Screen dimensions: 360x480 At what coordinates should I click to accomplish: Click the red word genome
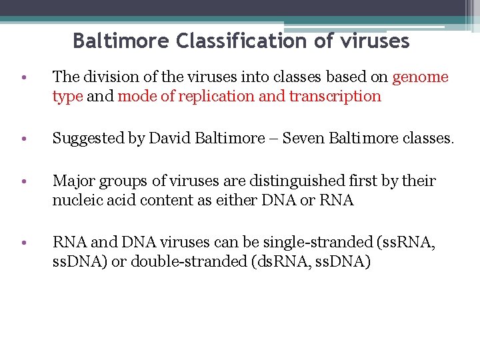(420, 77)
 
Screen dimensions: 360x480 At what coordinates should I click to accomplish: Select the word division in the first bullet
(103, 77)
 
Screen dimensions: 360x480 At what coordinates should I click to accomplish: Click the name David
(169, 139)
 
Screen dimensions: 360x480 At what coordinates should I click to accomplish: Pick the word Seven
(303, 139)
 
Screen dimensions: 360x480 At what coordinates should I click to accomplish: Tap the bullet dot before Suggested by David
(23, 139)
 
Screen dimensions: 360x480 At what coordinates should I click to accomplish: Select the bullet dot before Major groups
(23, 182)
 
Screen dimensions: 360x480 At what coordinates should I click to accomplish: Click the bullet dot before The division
(23, 77)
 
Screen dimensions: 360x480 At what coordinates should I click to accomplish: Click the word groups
(115, 181)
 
